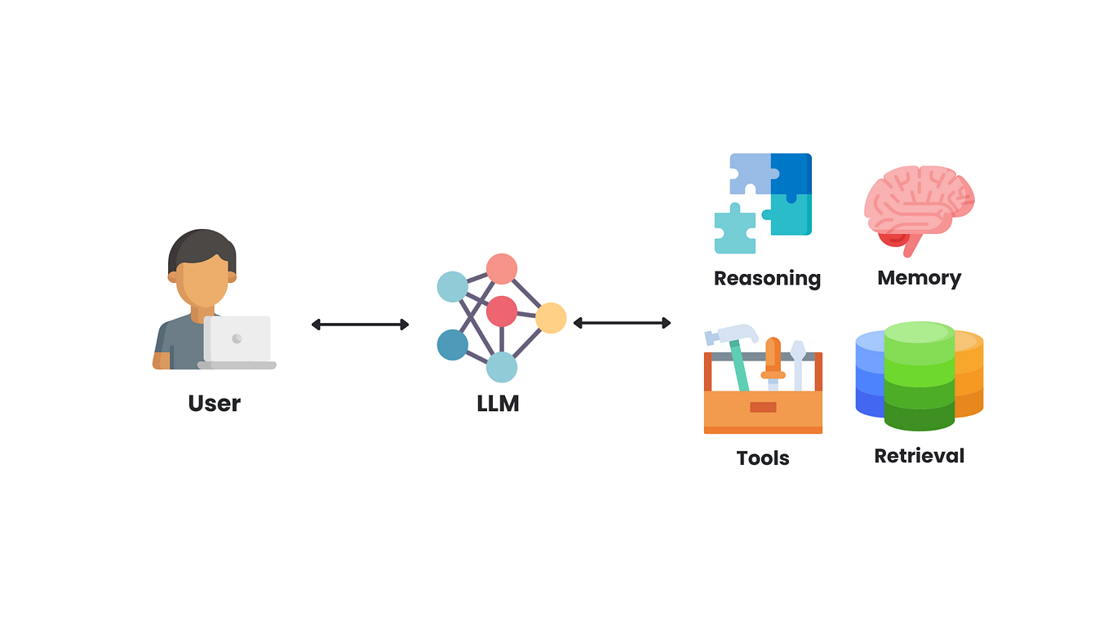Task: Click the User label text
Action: pyautogui.click(x=214, y=403)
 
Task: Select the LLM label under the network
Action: pyautogui.click(x=498, y=403)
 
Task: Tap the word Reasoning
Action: pyautogui.click(x=767, y=278)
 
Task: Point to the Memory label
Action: pyautogui.click(x=919, y=278)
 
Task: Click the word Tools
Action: pyautogui.click(x=763, y=458)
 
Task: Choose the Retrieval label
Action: pyautogui.click(x=919, y=456)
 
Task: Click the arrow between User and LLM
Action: pyautogui.click(x=360, y=325)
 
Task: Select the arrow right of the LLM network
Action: pyautogui.click(x=622, y=323)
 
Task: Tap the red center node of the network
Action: pyautogui.click(x=501, y=311)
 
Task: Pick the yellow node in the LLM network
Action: pyautogui.click(x=551, y=318)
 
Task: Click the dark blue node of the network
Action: pyautogui.click(x=452, y=345)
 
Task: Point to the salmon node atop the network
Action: pyautogui.click(x=501, y=268)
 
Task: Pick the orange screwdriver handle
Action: pyautogui.click(x=773, y=356)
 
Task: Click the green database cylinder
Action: pyautogui.click(x=919, y=375)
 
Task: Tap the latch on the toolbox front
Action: pyautogui.click(x=763, y=407)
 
